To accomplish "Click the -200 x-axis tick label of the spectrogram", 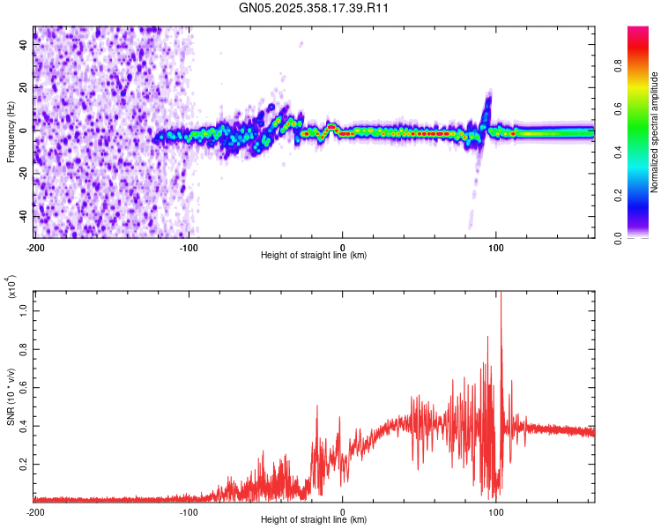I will click(35, 247).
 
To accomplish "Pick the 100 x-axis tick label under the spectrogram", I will click(495, 247).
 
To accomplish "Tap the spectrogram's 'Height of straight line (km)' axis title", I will click(314, 256).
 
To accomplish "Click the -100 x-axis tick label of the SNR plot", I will click(189, 511).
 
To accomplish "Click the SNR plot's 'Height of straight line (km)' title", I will click(314, 520).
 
